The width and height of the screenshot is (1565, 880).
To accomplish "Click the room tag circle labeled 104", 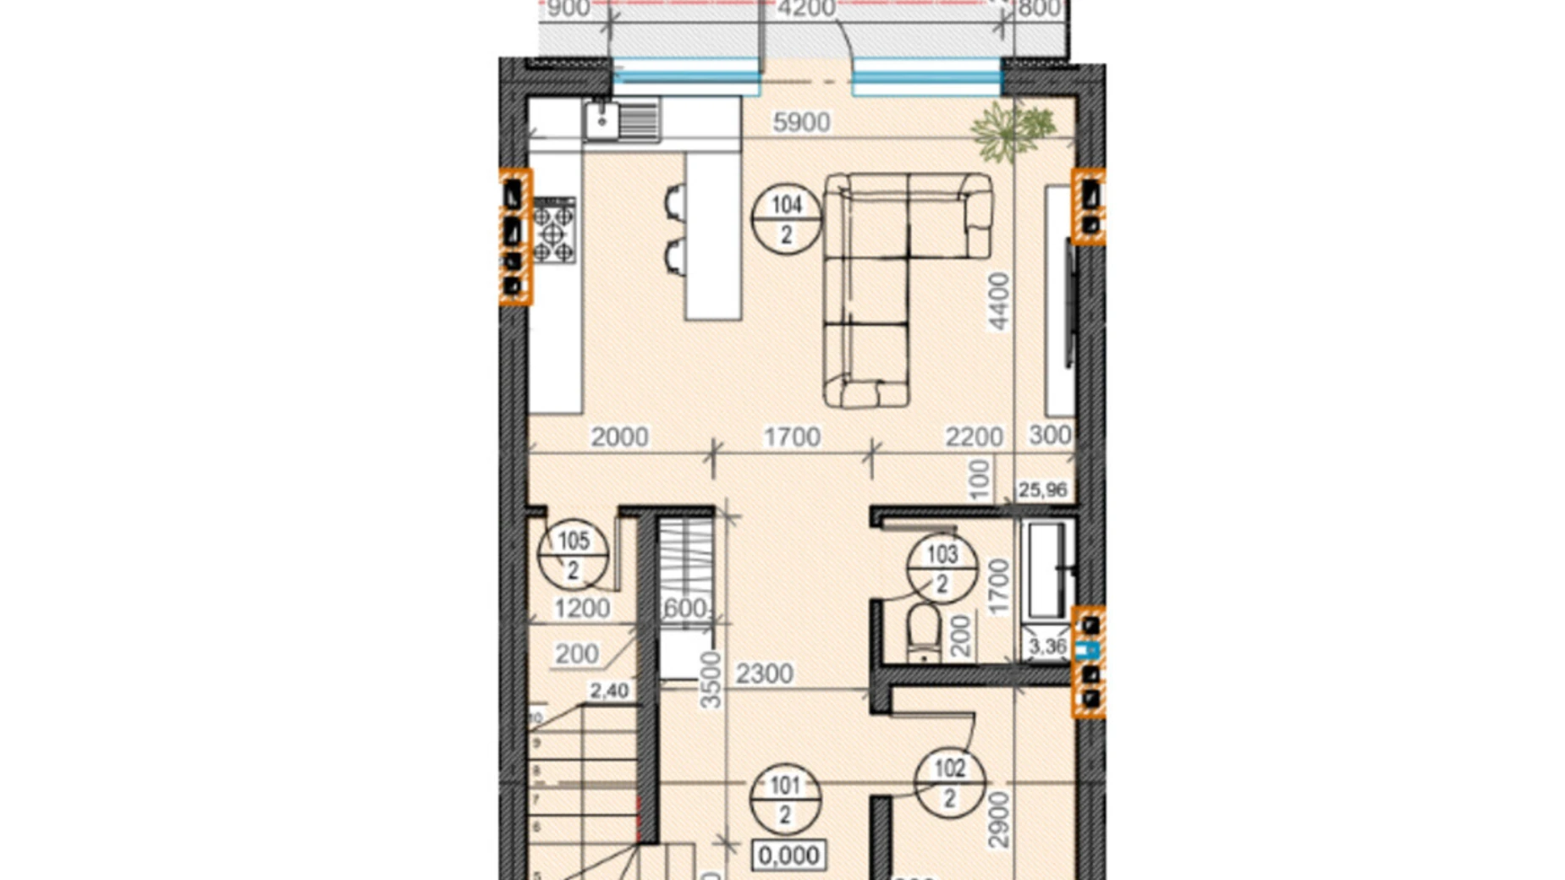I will [x=786, y=219].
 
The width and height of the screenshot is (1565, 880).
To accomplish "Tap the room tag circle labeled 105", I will [x=573, y=554].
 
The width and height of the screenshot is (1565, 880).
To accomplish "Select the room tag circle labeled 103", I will [x=942, y=568].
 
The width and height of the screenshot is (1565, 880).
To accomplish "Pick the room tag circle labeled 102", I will [x=949, y=783].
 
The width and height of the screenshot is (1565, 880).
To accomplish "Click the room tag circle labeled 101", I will [x=785, y=800].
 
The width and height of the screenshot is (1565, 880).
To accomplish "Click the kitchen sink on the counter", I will [x=622, y=120].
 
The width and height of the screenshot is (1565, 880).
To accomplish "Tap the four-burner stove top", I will [x=553, y=230].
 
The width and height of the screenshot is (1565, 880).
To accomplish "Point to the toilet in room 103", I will [x=923, y=631].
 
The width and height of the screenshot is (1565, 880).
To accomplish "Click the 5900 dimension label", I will [x=801, y=123].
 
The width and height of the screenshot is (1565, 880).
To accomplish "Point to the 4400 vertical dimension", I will [x=999, y=301].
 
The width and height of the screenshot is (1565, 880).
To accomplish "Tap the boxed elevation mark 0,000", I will [x=788, y=855].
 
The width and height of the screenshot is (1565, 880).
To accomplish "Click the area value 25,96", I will [x=1042, y=490].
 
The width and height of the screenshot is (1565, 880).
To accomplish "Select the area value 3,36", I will [x=1047, y=647].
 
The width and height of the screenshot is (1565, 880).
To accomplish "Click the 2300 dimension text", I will [x=764, y=674].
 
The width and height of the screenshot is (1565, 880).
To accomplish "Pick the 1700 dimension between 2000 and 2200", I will [x=791, y=437].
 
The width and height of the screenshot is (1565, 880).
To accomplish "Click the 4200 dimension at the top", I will [x=805, y=9].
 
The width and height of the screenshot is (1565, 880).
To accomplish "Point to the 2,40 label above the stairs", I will [x=608, y=691].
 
